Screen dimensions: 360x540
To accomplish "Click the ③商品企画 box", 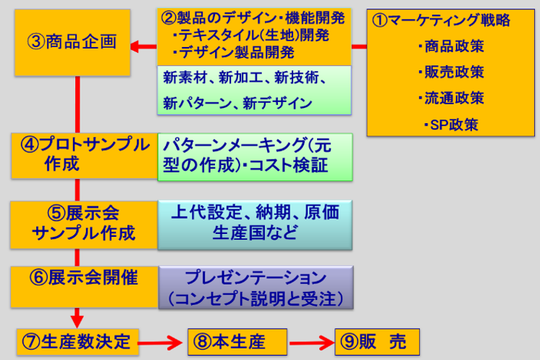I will [x=70, y=42].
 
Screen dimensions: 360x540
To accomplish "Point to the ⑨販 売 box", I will [x=376, y=340].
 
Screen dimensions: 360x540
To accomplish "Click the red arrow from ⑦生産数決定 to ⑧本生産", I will [x=160, y=340].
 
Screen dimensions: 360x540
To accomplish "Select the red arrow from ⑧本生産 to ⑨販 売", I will [x=311, y=340].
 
